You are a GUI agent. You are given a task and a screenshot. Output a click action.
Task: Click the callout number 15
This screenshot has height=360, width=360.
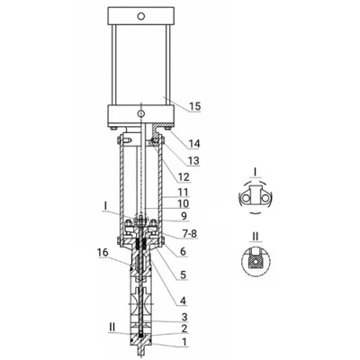pos(194,106)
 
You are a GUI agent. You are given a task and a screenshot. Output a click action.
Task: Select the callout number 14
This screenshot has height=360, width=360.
pos(193,144)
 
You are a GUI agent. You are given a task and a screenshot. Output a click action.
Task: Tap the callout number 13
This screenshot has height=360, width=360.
pos(193,161)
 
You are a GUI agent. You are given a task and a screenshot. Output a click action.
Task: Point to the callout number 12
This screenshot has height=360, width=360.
pos(184,177)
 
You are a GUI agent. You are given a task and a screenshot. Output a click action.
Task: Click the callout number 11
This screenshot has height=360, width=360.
pos(183,192)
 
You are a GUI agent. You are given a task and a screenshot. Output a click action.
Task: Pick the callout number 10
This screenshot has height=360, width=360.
pos(184,203)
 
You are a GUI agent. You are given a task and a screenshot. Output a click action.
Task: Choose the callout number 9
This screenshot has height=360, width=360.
pos(184,216)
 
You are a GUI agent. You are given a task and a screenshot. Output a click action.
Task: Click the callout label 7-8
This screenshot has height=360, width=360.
pos(189,233)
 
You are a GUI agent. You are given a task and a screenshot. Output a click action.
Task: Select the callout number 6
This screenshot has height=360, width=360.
pos(183,251)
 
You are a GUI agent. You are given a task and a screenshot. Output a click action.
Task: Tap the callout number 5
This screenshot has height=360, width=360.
pos(183,274)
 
